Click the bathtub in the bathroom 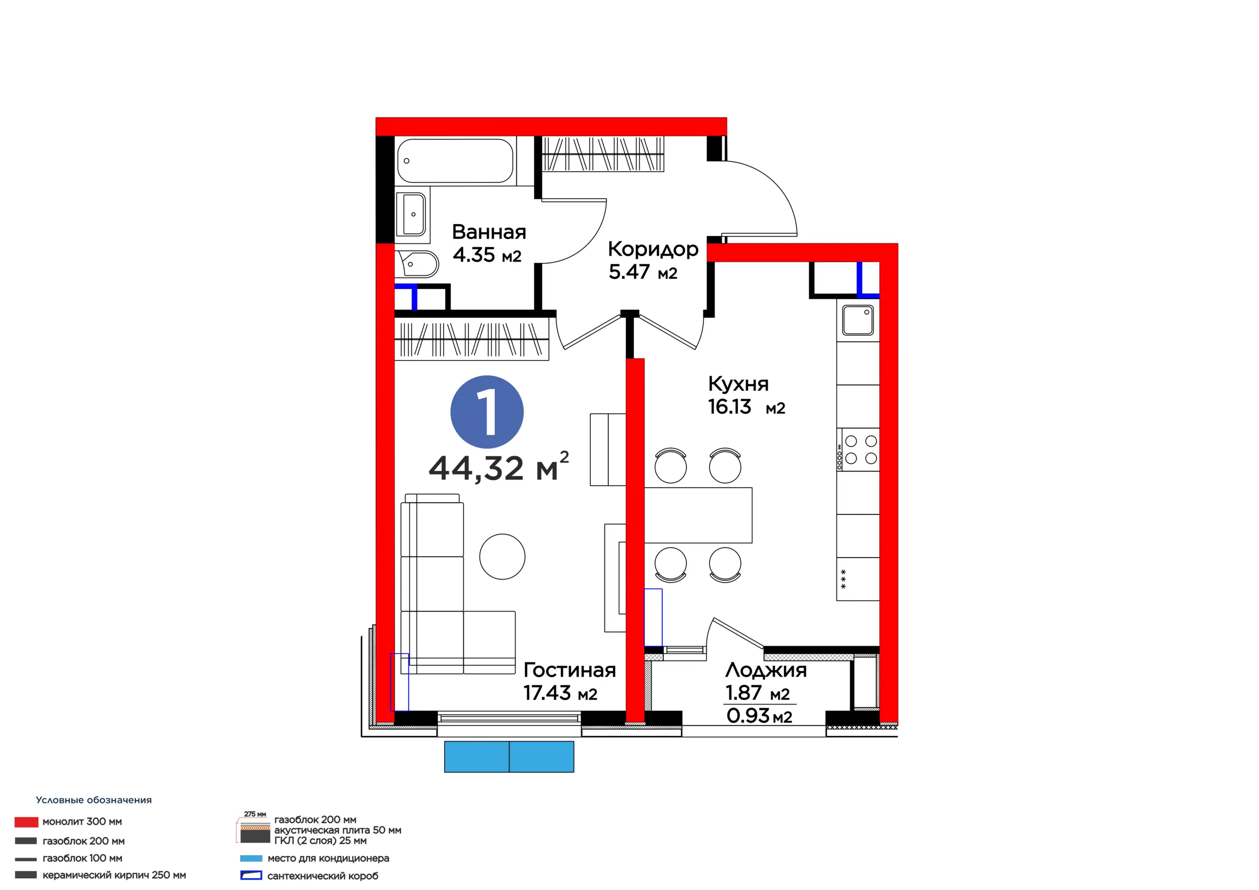(x=455, y=161)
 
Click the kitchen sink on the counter (x=858, y=320)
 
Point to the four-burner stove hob (x=858, y=449)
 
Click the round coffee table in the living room (x=502, y=557)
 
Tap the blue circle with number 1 (x=487, y=412)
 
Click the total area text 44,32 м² (x=499, y=468)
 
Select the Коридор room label (x=653, y=249)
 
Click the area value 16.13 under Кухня (x=729, y=407)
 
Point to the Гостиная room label (x=570, y=670)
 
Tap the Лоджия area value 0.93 (x=749, y=715)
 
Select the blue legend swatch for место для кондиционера (x=251, y=858)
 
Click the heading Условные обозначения (x=94, y=800)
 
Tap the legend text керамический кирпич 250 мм (x=114, y=875)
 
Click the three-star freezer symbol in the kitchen (x=843, y=580)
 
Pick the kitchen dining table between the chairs (x=698, y=515)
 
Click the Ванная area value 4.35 (x=474, y=255)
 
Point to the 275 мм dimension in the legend (x=255, y=814)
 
